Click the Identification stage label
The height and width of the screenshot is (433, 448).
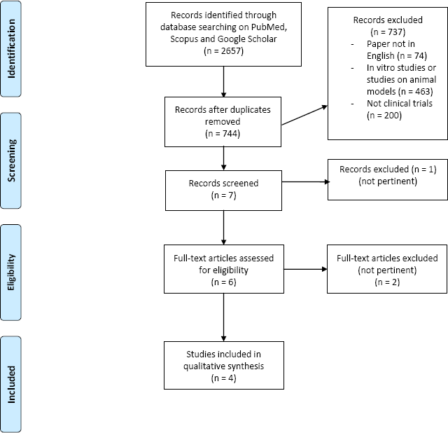11,48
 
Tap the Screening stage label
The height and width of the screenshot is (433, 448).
11,160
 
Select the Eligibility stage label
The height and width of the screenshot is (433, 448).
11,273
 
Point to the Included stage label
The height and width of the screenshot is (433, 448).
11,384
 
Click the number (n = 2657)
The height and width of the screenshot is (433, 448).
223,51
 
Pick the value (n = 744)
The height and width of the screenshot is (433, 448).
223,134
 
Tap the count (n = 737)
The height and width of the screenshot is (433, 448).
388,32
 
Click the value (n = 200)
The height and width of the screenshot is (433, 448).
384,116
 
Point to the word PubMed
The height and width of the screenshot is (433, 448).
269,27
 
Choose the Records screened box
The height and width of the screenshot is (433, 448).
223,191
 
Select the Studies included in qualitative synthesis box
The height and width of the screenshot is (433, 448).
224,365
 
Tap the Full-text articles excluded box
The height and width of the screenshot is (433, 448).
387,269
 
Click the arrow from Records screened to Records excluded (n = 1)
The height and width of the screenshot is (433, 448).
306,181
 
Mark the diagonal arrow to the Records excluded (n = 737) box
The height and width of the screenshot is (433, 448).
304,115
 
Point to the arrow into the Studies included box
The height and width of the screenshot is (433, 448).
223,317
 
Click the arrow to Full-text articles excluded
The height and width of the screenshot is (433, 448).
305,269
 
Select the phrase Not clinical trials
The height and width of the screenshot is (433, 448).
400,103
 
